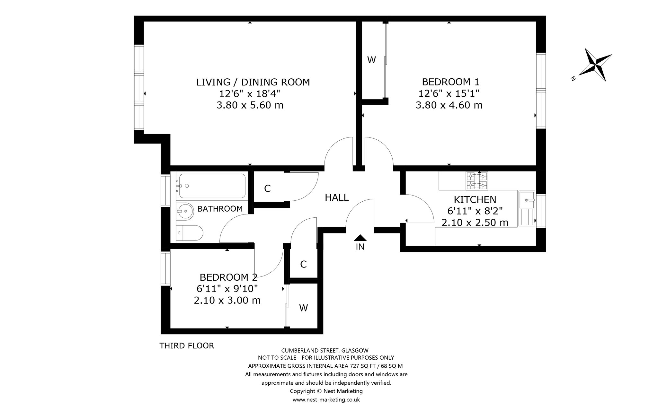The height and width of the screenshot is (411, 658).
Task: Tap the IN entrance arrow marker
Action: pos(360,238)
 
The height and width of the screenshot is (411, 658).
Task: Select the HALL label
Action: pos(337,197)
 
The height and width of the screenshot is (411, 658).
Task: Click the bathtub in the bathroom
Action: pos(212,186)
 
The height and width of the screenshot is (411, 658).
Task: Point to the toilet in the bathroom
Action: pos(190,233)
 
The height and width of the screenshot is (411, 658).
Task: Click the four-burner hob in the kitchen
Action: pos(477,181)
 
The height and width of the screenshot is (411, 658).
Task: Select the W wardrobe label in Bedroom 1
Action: pos(372,60)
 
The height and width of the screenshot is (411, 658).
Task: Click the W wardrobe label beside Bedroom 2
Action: pos(304,308)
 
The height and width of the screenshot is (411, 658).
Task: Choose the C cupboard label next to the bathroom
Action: pos(267,188)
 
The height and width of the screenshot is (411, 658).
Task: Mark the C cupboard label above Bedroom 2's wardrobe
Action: pos(303,264)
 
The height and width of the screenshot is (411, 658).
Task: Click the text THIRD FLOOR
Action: pos(187,346)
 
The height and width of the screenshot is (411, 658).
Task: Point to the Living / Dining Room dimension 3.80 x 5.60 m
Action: pos(250,105)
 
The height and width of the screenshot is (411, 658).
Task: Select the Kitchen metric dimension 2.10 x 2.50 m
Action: pos(475,223)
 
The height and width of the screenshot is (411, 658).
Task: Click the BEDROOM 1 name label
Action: pos(450,82)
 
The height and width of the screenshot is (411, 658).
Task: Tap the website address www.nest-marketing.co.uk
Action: pos(326,400)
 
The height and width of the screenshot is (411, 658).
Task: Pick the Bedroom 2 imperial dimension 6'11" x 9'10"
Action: pos(227,289)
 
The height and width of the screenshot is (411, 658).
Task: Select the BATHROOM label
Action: pos(220,209)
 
